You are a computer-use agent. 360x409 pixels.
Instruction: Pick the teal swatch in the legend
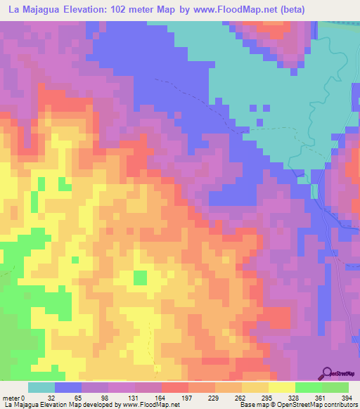[41, 387]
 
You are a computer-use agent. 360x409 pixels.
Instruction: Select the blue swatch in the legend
[68, 387]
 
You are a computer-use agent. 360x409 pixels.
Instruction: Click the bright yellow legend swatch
[281, 387]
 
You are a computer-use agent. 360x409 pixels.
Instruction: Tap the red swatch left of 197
[174, 387]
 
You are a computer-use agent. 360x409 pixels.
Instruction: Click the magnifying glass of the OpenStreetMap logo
[326, 372]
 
